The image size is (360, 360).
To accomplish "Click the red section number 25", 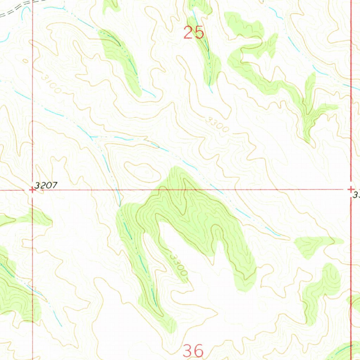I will click(194, 33).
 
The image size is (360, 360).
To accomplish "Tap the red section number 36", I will click(193, 351).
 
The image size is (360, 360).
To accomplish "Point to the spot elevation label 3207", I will click(46, 186).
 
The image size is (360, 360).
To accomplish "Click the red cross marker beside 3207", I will click(32, 190).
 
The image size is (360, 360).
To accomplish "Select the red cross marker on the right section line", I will click(351, 189).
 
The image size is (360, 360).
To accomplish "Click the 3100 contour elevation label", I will click(50, 83).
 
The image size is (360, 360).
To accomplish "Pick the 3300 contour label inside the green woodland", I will click(177, 264).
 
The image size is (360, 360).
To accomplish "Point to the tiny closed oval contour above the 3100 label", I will click(25, 60).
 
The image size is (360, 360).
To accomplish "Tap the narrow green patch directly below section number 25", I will click(209, 60).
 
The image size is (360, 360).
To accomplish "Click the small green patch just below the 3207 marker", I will click(39, 218).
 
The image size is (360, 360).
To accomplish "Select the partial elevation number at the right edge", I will click(356, 194).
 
